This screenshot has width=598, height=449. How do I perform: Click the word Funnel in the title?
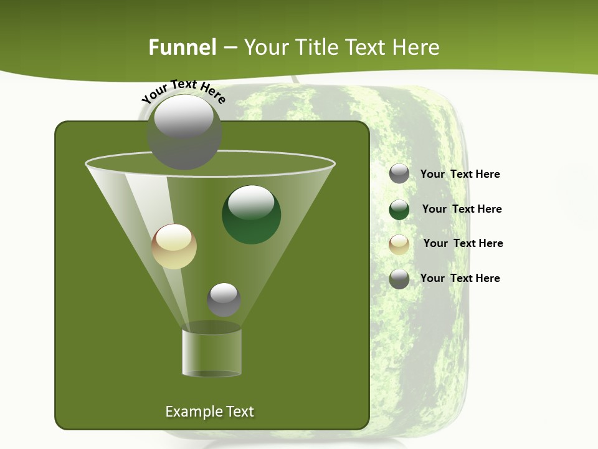(182, 47)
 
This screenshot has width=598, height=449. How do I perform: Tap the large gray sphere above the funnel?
(184, 132)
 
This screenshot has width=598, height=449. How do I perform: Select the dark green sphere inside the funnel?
(252, 215)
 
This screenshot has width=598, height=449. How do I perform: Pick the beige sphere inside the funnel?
(174, 246)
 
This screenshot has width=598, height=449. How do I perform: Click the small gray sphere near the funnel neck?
(224, 299)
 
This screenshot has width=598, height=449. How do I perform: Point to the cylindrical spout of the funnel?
(212, 352)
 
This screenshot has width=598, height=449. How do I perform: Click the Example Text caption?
(209, 412)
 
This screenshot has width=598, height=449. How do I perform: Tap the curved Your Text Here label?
(183, 92)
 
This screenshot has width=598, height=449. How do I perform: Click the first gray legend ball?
(399, 173)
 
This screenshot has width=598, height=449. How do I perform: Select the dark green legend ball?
(399, 210)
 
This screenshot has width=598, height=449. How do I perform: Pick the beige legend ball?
(399, 244)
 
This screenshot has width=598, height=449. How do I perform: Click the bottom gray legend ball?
(399, 279)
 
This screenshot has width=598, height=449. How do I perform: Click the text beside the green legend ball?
(462, 209)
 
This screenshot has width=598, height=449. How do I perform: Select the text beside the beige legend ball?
(463, 243)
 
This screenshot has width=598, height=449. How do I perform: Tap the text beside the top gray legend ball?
(460, 174)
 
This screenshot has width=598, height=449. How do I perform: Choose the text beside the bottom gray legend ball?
(460, 278)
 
